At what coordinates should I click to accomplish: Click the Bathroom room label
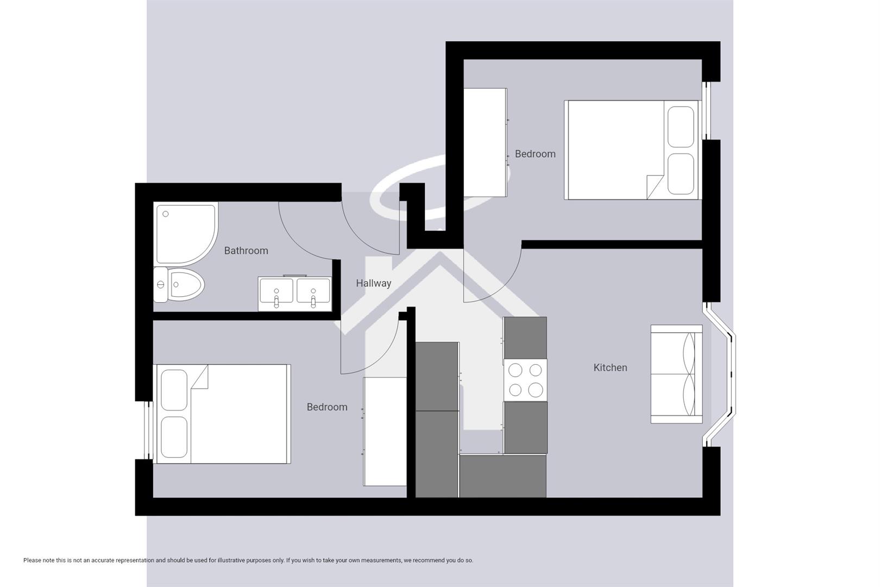click(x=246, y=251)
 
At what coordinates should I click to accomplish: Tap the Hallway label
click(x=373, y=283)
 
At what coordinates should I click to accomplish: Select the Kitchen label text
click(x=610, y=367)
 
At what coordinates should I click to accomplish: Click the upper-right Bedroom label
click(x=535, y=154)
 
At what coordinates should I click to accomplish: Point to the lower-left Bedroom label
click(x=326, y=407)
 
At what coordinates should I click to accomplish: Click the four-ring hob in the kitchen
click(x=525, y=380)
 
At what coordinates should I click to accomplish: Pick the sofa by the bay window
click(x=676, y=374)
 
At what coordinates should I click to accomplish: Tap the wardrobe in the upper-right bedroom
click(x=485, y=142)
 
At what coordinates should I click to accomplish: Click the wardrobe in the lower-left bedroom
click(x=385, y=432)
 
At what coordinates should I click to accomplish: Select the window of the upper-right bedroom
click(x=706, y=110)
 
